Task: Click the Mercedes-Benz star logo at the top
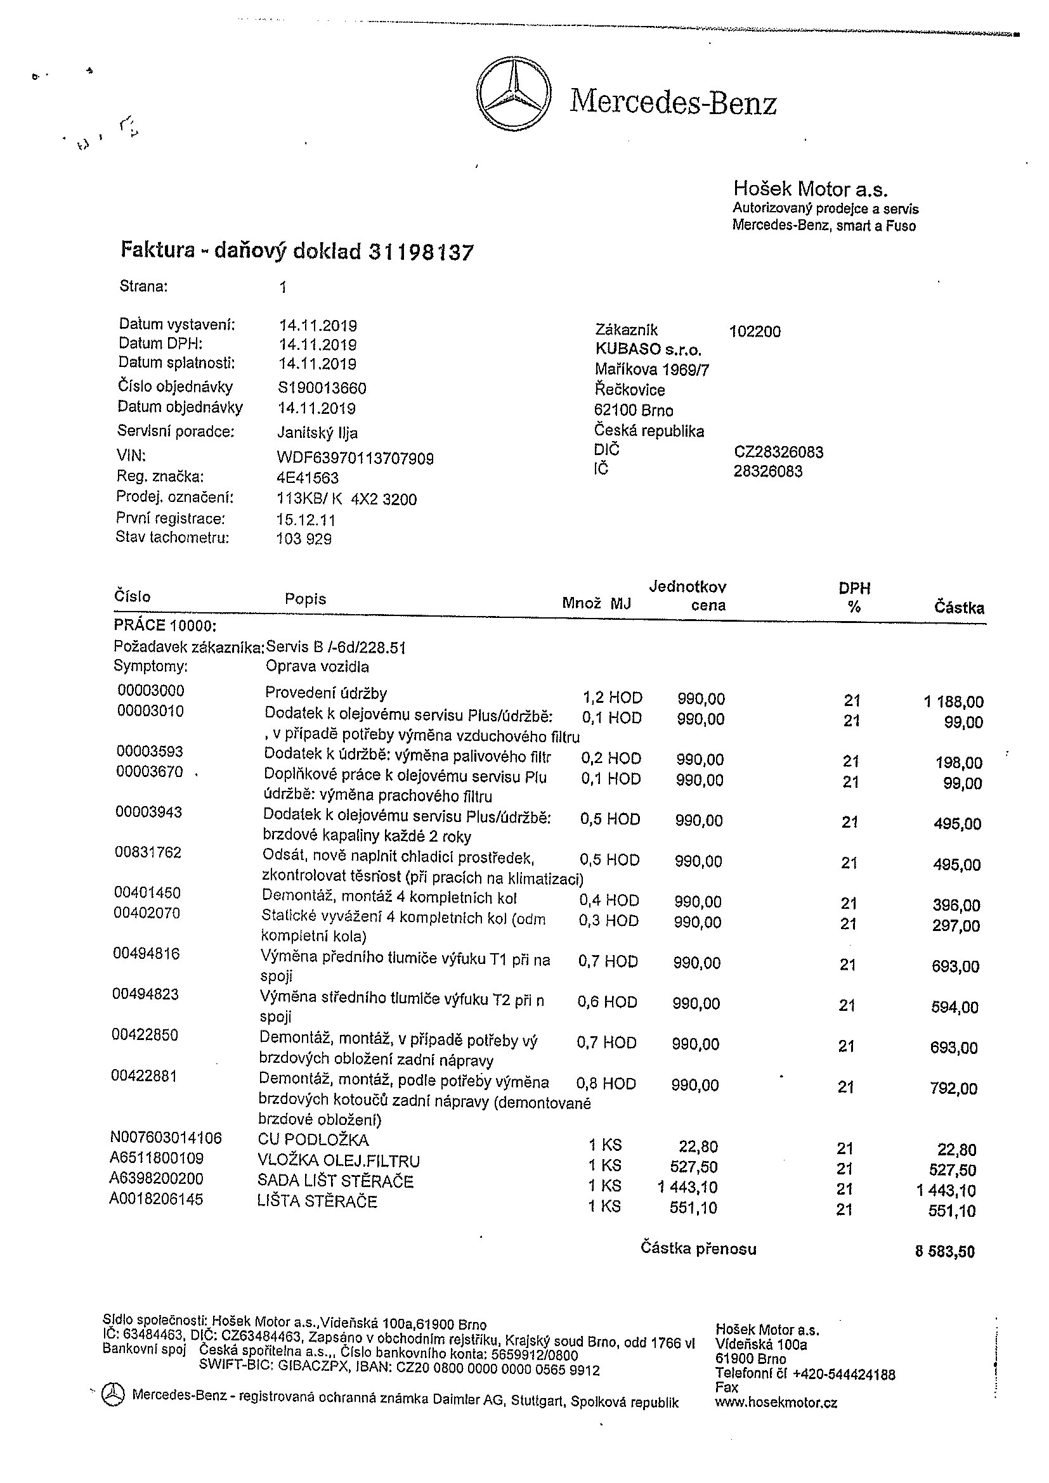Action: tap(514, 94)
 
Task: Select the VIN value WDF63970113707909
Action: tap(355, 459)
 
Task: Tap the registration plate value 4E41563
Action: tap(308, 478)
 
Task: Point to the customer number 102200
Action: tap(754, 332)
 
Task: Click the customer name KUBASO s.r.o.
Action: tap(648, 350)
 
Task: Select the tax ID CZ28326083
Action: tap(778, 452)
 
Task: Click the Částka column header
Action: tap(959, 608)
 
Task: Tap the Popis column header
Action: tap(305, 600)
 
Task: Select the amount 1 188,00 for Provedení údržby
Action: tap(953, 702)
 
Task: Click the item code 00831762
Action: tap(148, 852)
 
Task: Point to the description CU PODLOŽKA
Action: tap(313, 1140)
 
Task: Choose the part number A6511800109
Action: tap(157, 1158)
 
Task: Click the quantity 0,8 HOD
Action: tap(606, 1084)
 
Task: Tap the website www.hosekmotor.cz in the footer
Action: tap(776, 1403)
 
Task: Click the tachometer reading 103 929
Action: tap(304, 539)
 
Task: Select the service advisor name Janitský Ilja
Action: tap(317, 433)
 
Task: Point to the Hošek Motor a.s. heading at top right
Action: tap(810, 189)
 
